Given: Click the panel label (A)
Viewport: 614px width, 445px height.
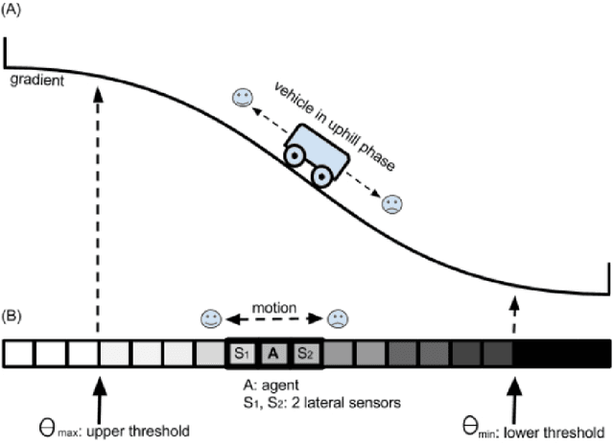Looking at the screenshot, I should pyautogui.click(x=13, y=12).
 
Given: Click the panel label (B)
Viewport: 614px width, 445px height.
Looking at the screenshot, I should pyautogui.click(x=13, y=313).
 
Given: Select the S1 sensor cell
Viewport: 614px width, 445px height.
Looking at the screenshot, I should pyautogui.click(x=241, y=354).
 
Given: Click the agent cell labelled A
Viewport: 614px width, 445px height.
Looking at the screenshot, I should pyautogui.click(x=273, y=354).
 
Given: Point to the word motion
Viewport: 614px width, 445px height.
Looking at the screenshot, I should pyautogui.click(x=273, y=309).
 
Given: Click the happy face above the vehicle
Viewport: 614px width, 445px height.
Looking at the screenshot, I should pyautogui.click(x=243, y=97).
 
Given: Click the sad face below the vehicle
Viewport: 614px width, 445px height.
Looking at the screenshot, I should pyautogui.click(x=392, y=203).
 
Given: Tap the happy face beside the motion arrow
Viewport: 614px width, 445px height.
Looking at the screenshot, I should pyautogui.click(x=211, y=318).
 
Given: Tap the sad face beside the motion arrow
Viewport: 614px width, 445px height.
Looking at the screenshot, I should pyautogui.click(x=338, y=318).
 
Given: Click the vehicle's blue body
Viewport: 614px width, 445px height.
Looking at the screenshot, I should pyautogui.click(x=319, y=147).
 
